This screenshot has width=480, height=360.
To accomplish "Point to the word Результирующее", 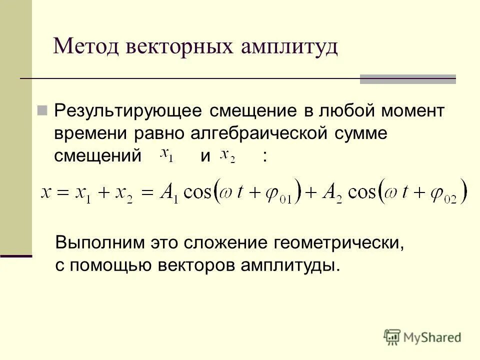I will coord(128,111).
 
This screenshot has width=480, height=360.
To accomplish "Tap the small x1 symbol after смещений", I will coord(166,155).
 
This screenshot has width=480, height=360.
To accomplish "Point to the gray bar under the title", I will coord(407,78).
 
